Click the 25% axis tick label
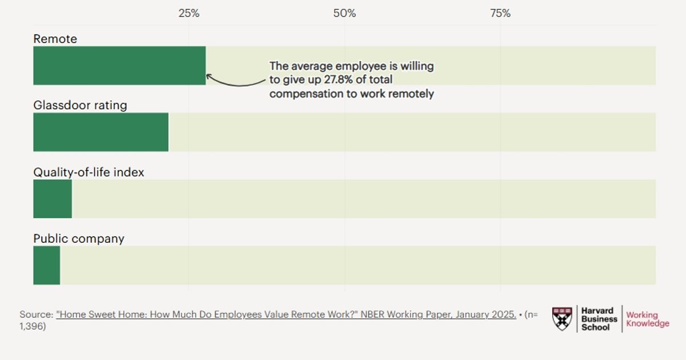(x=189, y=13)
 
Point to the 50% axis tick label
(x=345, y=13)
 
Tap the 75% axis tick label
(x=500, y=13)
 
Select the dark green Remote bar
(x=119, y=66)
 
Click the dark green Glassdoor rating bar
(x=101, y=132)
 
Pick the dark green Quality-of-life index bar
(x=53, y=199)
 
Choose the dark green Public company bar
(x=46, y=265)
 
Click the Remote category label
(x=55, y=39)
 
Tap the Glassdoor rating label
(x=80, y=105)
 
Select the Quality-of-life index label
(x=89, y=173)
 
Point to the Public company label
(x=79, y=239)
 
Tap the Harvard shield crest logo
(x=562, y=319)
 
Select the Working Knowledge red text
(x=648, y=319)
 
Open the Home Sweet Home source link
(x=286, y=314)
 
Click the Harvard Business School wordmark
(x=599, y=319)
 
